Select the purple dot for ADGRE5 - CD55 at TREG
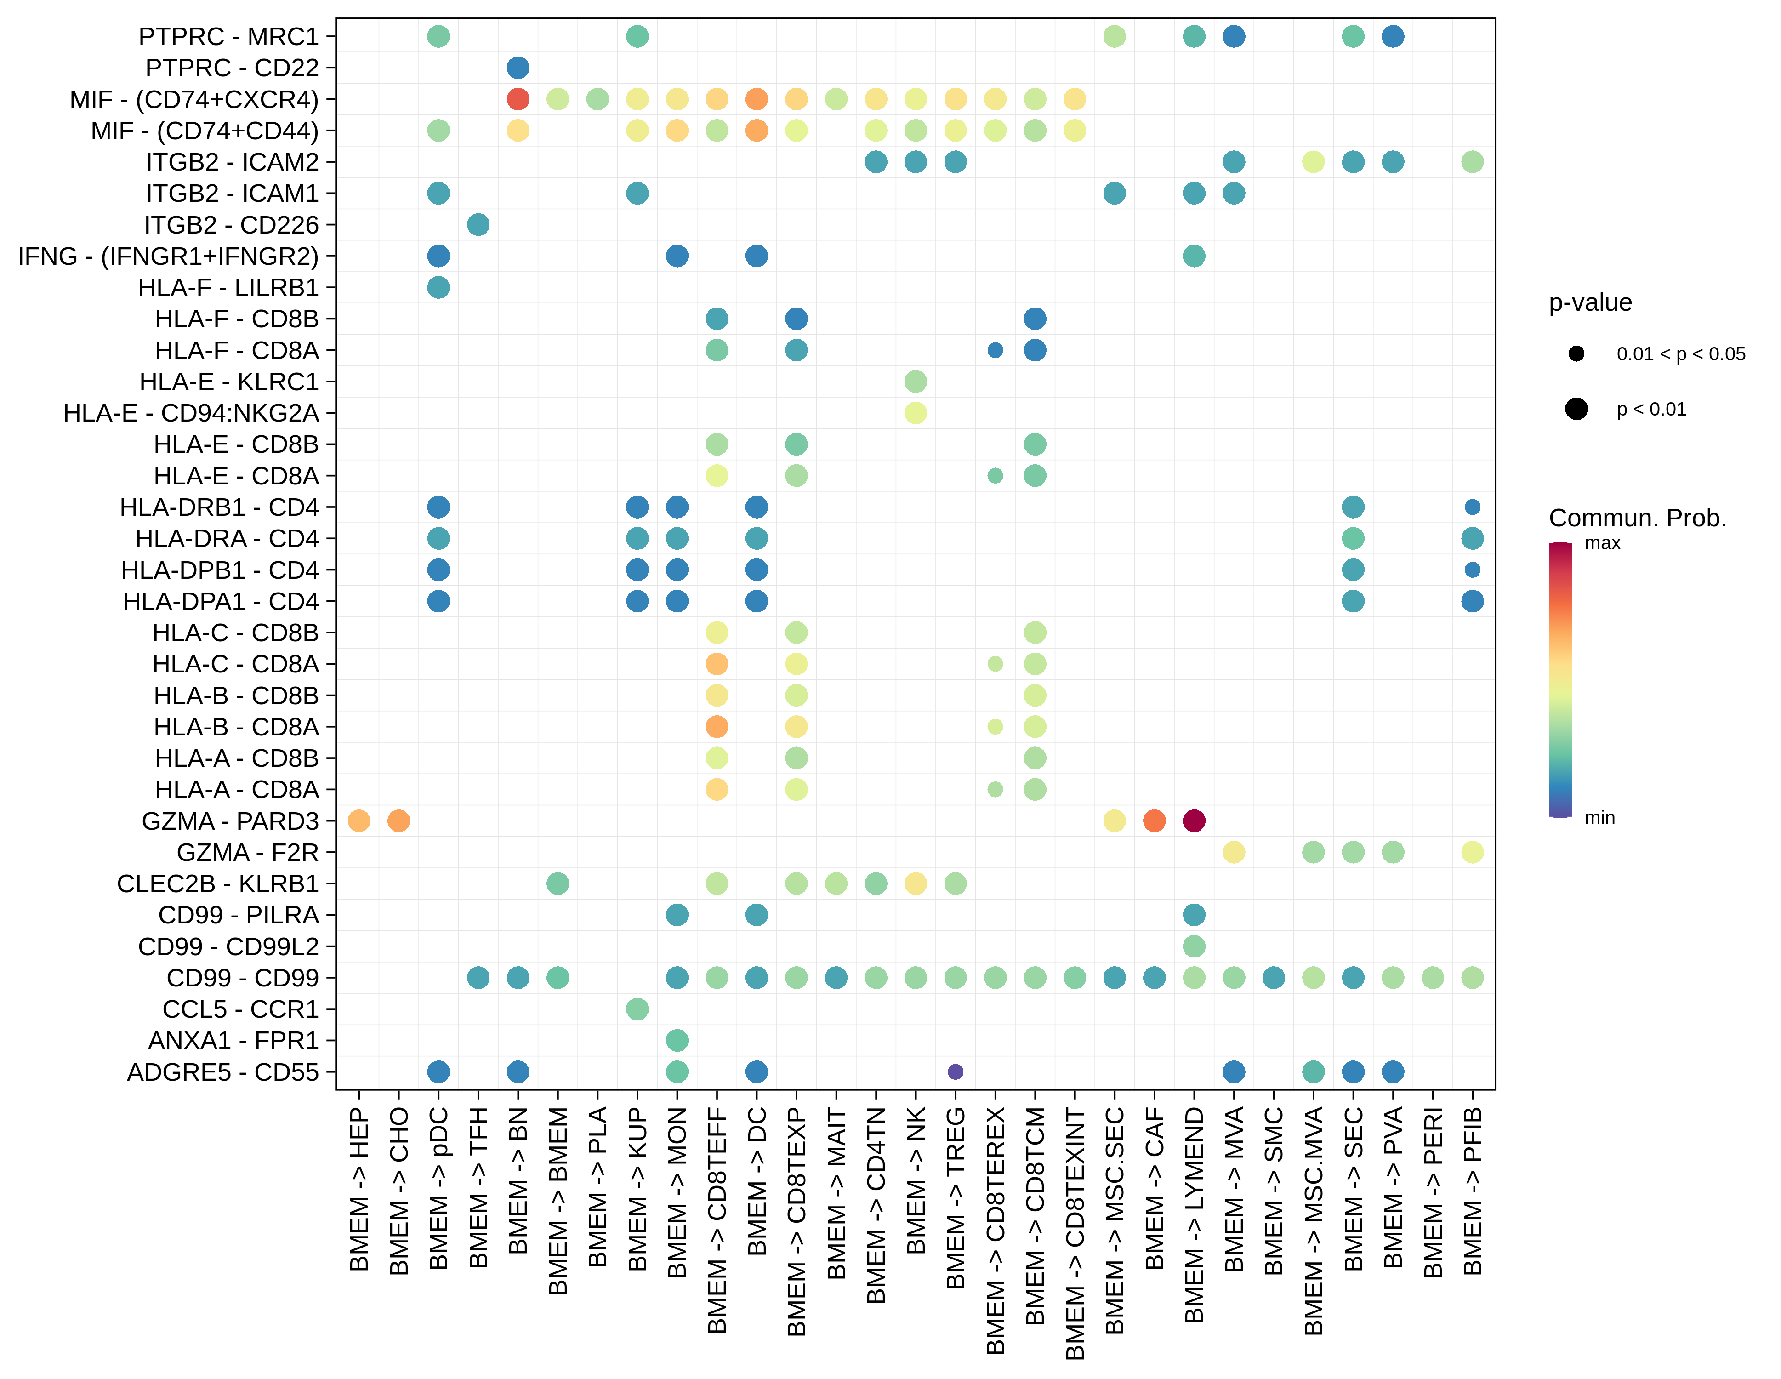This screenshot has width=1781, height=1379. pyautogui.click(x=955, y=1071)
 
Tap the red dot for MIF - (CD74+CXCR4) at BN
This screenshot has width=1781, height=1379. pyautogui.click(x=518, y=99)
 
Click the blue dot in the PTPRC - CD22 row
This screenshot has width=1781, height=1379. pyautogui.click(x=518, y=68)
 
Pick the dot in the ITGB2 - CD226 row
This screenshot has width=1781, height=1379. pyautogui.click(x=478, y=224)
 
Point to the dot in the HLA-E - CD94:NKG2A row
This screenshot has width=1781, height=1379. pyautogui.click(x=916, y=413)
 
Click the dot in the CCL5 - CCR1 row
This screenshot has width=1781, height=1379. pyautogui.click(x=637, y=1009)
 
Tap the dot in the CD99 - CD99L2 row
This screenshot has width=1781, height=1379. pyautogui.click(x=1194, y=946)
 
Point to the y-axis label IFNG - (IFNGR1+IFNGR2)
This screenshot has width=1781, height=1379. pyautogui.click(x=168, y=256)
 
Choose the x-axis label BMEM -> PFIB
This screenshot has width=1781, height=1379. pyautogui.click(x=1473, y=1191)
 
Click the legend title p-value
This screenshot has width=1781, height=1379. pyautogui.click(x=1590, y=302)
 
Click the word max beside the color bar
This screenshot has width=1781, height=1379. pyautogui.click(x=1602, y=543)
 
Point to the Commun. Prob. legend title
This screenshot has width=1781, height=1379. pyautogui.click(x=1638, y=518)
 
